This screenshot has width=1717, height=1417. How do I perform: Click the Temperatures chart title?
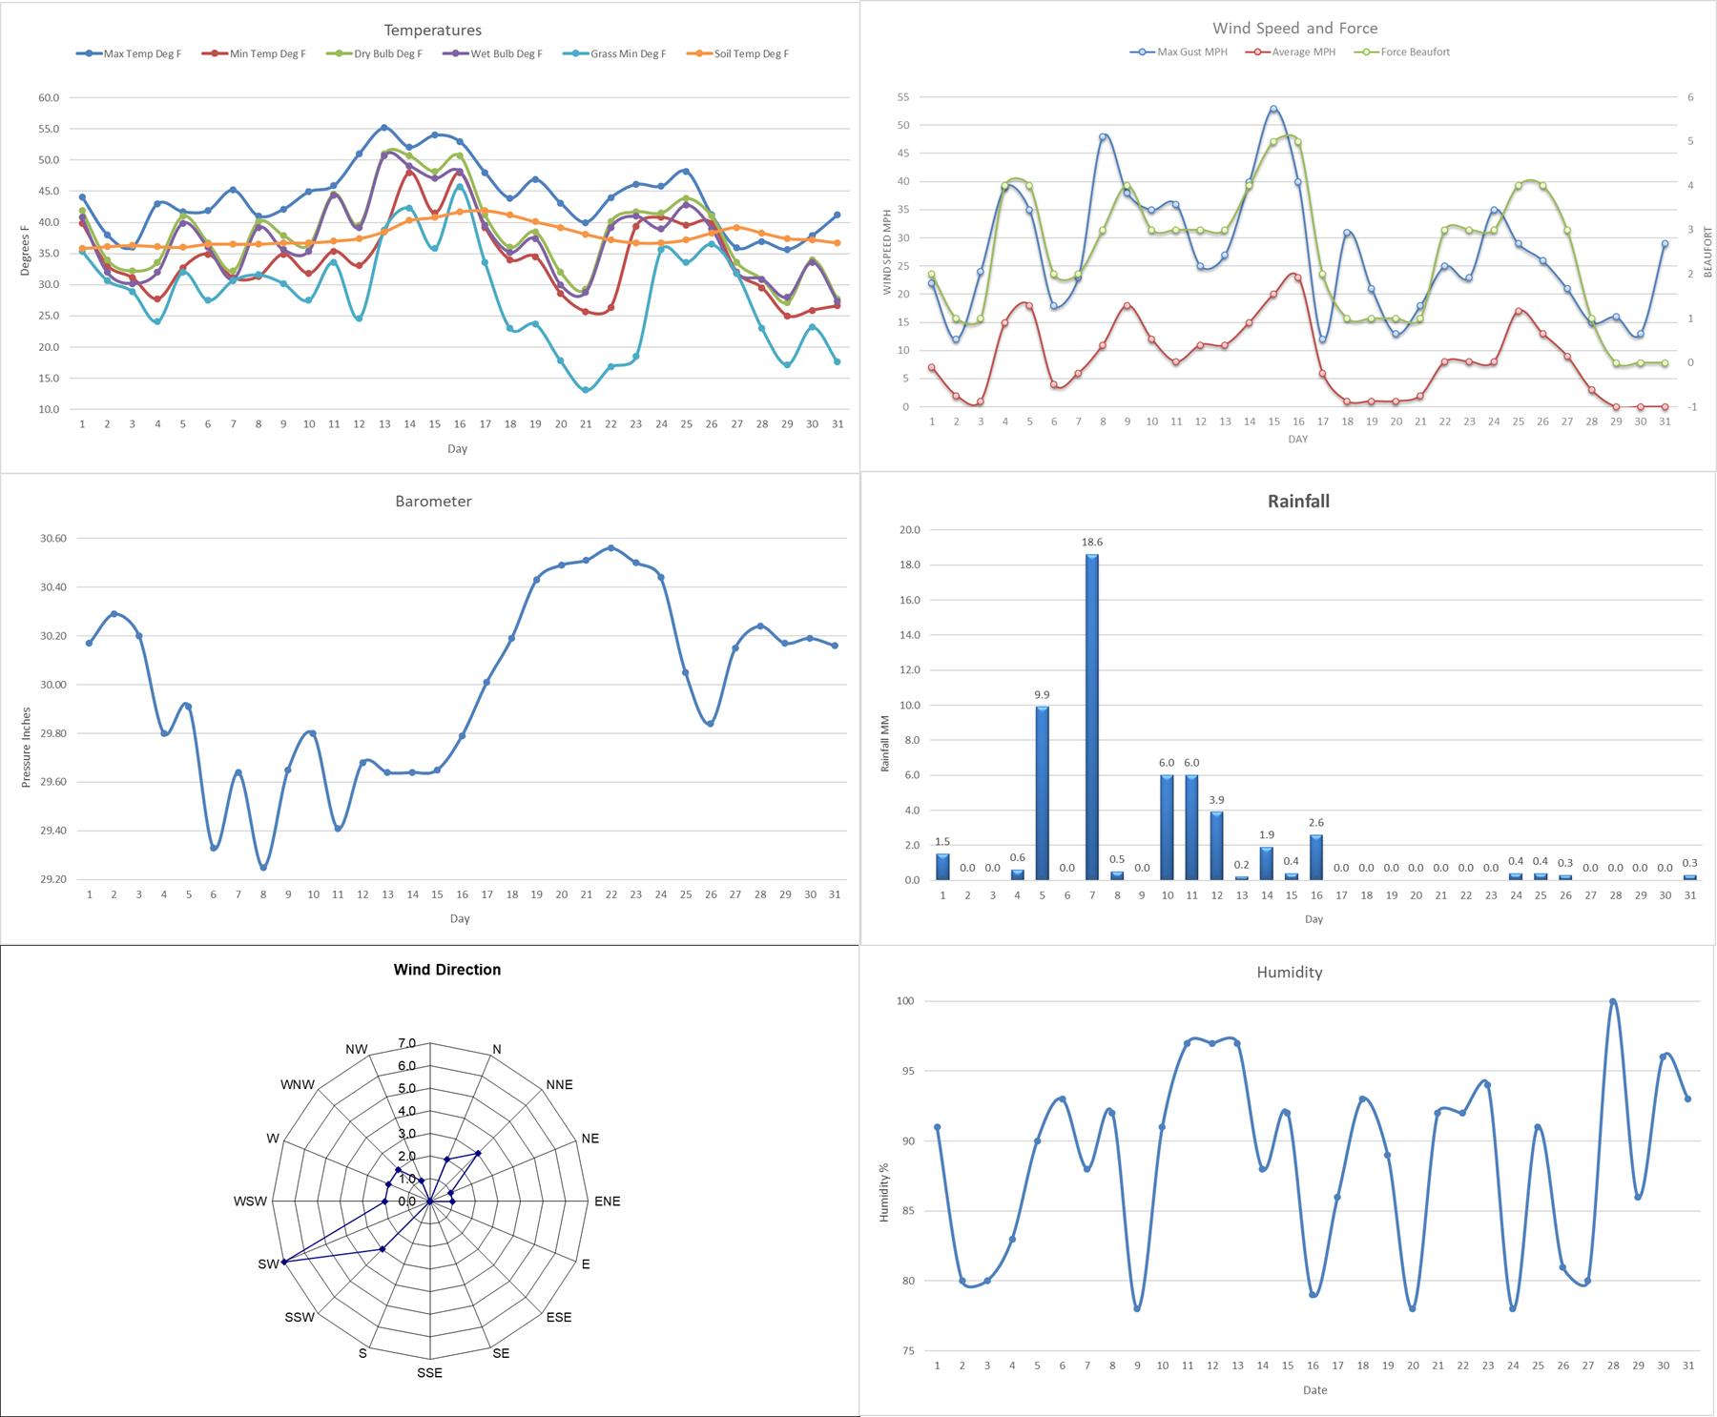[432, 31]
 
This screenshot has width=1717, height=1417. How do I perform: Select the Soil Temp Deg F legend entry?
[751, 54]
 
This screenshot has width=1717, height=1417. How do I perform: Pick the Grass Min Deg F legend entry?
[628, 54]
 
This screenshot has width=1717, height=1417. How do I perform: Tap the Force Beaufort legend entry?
[1415, 52]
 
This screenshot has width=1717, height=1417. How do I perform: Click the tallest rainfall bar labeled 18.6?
[1092, 715]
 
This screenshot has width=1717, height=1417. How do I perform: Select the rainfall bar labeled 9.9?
[1043, 791]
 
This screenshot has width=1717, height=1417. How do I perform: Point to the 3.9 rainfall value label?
[1216, 800]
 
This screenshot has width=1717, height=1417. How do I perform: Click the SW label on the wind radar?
[268, 1264]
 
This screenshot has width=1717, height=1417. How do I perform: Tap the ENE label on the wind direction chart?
[607, 1201]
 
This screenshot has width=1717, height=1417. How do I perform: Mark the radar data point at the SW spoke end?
[284, 1262]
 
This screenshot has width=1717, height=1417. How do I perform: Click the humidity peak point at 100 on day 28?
[1613, 1001]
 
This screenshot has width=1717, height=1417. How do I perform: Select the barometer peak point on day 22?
[611, 547]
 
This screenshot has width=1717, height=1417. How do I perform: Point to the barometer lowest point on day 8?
[263, 868]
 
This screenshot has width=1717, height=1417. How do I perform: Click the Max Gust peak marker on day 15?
[1273, 109]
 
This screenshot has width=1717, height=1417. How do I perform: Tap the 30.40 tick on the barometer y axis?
[53, 587]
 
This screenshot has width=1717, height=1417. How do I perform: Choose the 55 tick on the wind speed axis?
[902, 97]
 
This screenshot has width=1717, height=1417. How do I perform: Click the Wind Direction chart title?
[446, 970]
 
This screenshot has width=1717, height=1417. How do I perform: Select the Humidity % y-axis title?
[883, 1192]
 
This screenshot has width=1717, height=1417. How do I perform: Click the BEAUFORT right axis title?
[1707, 252]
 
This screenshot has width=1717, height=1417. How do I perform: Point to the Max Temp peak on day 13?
[384, 127]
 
